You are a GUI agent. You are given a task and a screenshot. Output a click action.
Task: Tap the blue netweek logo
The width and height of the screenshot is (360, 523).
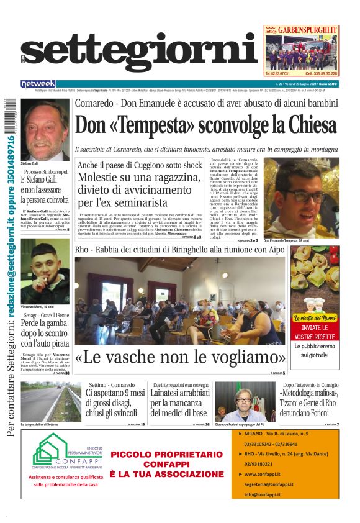(38, 84)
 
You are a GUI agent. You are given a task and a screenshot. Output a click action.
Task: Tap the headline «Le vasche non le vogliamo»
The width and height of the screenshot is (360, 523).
(180, 358)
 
